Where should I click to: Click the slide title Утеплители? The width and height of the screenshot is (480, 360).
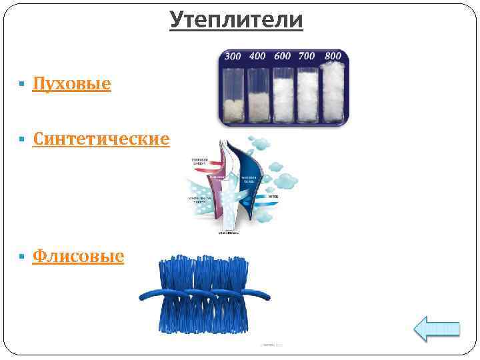[237, 20]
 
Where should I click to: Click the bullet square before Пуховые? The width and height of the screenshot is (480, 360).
[22, 85]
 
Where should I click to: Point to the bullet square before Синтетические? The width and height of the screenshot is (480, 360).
[22, 139]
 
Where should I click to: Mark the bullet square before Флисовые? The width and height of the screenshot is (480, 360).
[22, 256]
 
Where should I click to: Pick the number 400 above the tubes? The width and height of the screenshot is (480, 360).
[257, 57]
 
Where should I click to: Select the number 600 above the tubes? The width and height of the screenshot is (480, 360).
[282, 57]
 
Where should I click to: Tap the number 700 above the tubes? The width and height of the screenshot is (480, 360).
[307, 56]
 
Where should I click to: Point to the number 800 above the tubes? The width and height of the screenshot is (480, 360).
[331, 55]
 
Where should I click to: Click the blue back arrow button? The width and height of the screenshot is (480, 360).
[437, 328]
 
